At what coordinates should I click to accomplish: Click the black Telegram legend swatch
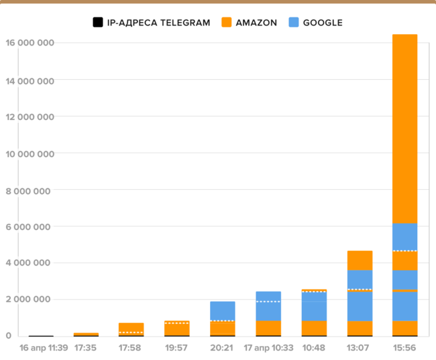pos(98,23)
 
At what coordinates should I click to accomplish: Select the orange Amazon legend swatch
pos(227,23)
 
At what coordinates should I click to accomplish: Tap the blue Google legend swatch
pos(294,23)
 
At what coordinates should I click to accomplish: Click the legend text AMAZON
pos(256,23)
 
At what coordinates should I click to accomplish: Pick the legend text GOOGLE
pos(323,23)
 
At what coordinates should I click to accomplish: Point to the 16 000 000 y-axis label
pos(30,43)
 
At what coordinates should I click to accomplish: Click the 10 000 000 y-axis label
pos(30,153)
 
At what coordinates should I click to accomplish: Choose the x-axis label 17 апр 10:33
pos(268,348)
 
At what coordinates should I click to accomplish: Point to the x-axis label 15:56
pos(404,348)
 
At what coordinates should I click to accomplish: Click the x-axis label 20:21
pos(222,348)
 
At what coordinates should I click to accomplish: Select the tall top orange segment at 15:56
pos(404,127)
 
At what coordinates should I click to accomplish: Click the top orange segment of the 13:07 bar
pos(360,260)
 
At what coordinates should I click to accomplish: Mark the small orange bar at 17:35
pos(86,334)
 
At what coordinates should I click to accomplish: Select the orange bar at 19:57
pos(176,328)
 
